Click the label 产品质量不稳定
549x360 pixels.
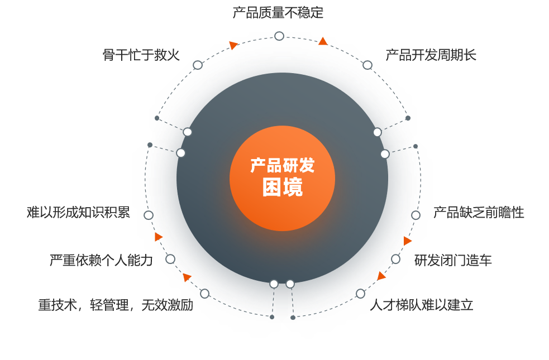pos(278,12)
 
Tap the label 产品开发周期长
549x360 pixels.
pos(431,55)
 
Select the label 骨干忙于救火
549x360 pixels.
pos(141,55)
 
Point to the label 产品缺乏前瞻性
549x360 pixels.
pos(479,213)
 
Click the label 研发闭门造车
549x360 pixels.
pos(453,260)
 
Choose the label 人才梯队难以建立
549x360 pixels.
pos(421,305)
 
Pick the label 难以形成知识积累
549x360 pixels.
pos(78,212)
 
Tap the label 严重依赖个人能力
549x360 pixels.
pos(101,260)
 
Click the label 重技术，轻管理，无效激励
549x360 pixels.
pos(116,305)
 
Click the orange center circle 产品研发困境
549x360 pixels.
pos(282,178)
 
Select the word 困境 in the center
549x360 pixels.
pos(282,188)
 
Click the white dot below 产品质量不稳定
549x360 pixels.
pos(279,36)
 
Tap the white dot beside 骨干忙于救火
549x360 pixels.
pos(198,65)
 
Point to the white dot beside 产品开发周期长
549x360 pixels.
pos(367,65)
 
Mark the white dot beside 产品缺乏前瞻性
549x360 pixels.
pos(416,215)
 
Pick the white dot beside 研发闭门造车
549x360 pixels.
pos(395,259)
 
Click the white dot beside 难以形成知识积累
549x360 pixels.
pos(149,215)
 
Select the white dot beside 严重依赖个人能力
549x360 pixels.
pos(170,259)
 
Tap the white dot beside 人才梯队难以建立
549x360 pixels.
pos(360,294)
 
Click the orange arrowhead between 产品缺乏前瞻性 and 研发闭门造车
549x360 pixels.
pos(408,241)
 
